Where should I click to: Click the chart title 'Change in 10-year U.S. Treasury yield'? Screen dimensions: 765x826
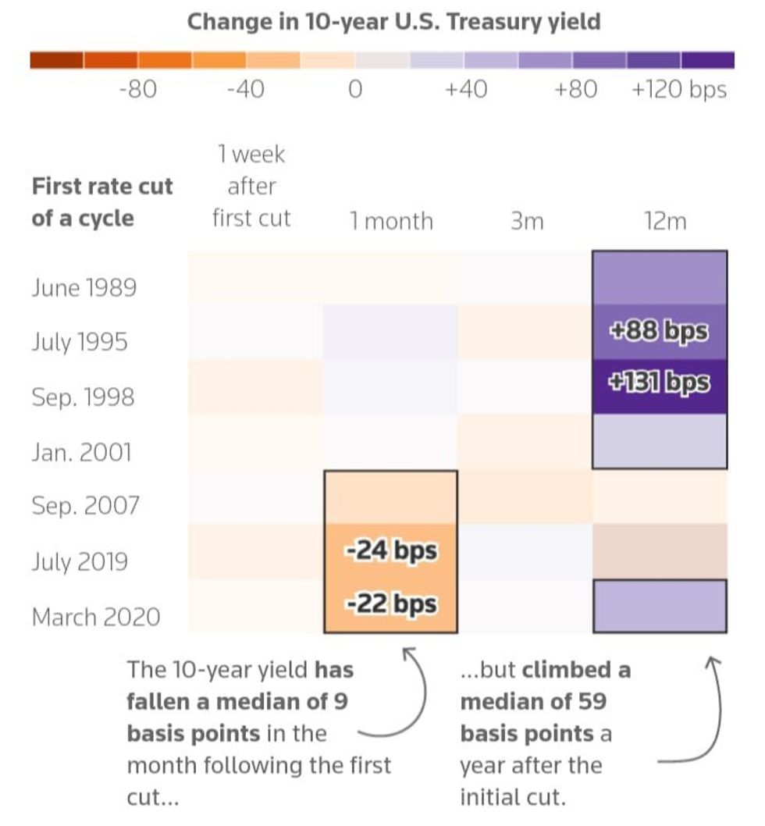click(x=393, y=23)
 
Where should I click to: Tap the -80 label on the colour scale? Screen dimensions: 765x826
click(x=138, y=89)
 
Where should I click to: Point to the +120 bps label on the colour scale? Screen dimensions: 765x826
click(x=679, y=90)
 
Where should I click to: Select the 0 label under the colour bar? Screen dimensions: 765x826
click(x=356, y=89)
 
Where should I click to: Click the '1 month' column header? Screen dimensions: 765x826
click(x=391, y=221)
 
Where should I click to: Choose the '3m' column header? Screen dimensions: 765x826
click(x=527, y=221)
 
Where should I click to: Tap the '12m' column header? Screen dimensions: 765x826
click(x=665, y=221)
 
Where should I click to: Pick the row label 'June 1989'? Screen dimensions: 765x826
click(x=84, y=287)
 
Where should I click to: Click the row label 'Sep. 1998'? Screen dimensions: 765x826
click(x=84, y=397)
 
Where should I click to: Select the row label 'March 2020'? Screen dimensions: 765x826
click(x=96, y=617)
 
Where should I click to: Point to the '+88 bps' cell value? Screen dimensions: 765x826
click(x=659, y=331)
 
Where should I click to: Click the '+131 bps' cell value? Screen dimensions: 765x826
click(x=659, y=383)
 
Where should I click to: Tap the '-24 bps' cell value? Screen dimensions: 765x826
click(x=391, y=551)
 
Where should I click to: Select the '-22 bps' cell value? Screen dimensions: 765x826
click(x=391, y=603)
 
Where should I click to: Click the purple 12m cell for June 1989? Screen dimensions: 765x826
click(x=660, y=278)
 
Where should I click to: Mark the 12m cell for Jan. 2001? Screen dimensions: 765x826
click(x=660, y=441)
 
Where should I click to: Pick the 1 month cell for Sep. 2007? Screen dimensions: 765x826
click(x=391, y=497)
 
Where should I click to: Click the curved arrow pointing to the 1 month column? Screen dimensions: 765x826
click(x=423, y=696)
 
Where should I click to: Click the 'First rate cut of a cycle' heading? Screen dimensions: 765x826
click(x=102, y=202)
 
